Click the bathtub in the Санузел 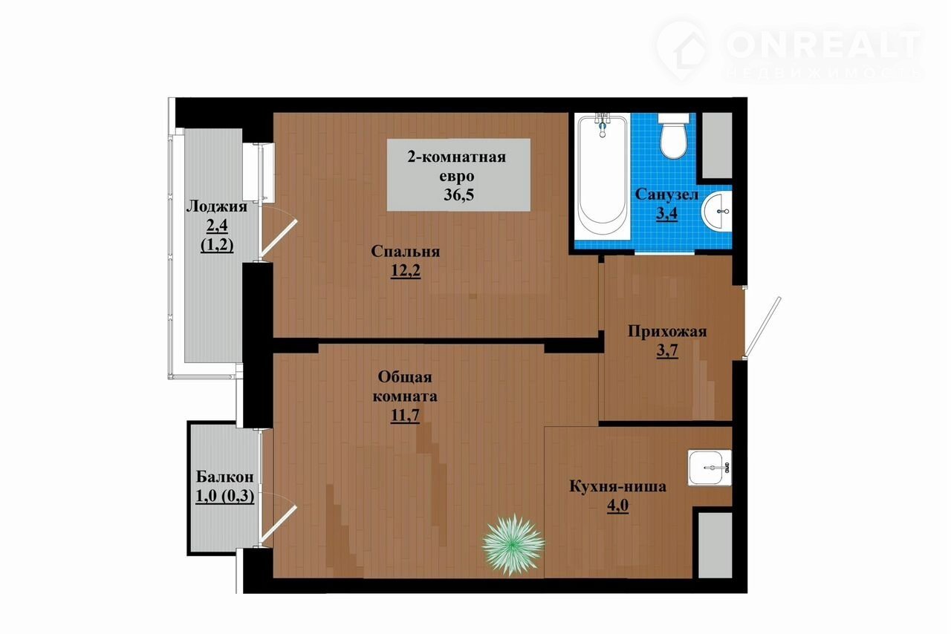tap(602, 177)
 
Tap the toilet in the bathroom tap(674, 136)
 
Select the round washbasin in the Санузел tap(717, 211)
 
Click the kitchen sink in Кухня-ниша tap(710, 468)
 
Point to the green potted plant tap(513, 545)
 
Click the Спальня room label tap(406, 251)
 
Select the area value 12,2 tap(406, 270)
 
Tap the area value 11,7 tap(406, 415)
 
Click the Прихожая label tap(667, 331)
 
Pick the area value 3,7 tap(667, 350)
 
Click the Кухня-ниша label tap(617, 486)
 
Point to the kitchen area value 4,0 tap(617, 506)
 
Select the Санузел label tap(666, 195)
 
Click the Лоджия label tap(216, 206)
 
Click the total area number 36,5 tap(459, 195)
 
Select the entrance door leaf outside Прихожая tap(763, 327)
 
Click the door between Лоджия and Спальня tap(278, 238)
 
